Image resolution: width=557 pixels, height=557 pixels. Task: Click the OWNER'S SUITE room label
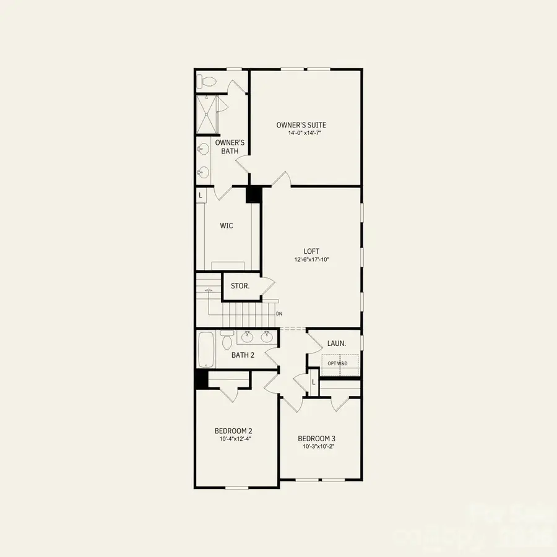coord(301,125)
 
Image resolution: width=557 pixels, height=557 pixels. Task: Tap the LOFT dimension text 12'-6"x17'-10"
coord(312,259)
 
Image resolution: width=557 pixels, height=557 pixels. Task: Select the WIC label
coord(227,226)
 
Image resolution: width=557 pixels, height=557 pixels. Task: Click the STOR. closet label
coord(240,286)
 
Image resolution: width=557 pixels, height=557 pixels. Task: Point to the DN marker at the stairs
coord(279,314)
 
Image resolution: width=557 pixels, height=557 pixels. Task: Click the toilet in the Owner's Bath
coord(206,81)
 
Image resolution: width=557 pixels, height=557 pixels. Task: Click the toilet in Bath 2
coord(227,340)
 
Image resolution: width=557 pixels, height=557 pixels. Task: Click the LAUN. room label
coord(336,342)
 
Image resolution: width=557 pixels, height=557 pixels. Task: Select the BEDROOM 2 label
coord(233,431)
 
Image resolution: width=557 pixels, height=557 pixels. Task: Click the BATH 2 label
coord(243,355)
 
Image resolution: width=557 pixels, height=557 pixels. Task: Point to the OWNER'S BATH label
coord(230,147)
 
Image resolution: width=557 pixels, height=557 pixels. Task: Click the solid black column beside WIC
coord(254,194)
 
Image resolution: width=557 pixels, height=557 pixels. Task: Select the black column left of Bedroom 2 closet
coord(202,379)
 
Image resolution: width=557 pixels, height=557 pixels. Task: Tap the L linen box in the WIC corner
coord(201,194)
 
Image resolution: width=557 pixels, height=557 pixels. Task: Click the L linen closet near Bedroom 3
coord(314,382)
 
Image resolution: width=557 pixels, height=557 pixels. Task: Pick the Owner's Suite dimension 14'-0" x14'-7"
coord(301,133)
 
